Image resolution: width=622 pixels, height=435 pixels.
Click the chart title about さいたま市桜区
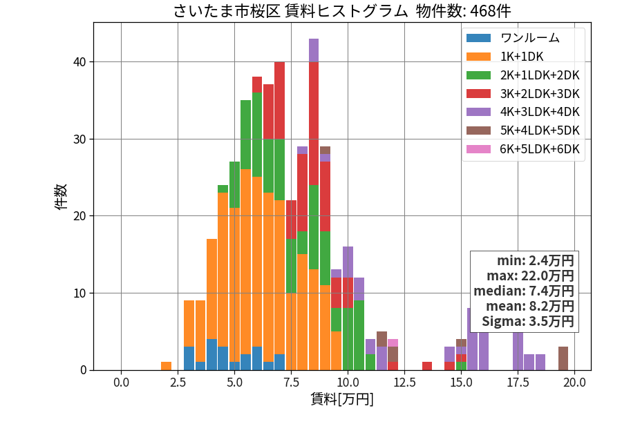342,10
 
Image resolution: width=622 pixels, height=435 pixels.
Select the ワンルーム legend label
529,38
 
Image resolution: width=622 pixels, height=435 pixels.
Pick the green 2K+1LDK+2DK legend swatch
478,75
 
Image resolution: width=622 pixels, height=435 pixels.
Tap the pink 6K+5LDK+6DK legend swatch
478,149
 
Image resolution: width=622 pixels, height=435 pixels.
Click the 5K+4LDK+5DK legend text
540,130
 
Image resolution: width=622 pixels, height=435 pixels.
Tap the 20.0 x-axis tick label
575,383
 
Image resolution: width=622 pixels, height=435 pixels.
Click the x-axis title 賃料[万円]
342,399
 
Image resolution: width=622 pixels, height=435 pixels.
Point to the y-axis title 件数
62,197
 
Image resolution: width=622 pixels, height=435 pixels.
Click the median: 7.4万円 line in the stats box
524,291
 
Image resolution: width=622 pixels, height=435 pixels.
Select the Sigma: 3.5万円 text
528,321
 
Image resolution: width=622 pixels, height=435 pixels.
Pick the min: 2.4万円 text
536,261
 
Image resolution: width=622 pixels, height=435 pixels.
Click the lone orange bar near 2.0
166,367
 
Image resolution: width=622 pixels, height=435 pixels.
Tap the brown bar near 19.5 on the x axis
563,358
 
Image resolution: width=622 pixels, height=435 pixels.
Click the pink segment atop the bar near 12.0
393,343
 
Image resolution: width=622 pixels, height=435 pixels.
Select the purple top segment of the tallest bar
314,50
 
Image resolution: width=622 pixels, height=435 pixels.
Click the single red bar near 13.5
427,367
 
